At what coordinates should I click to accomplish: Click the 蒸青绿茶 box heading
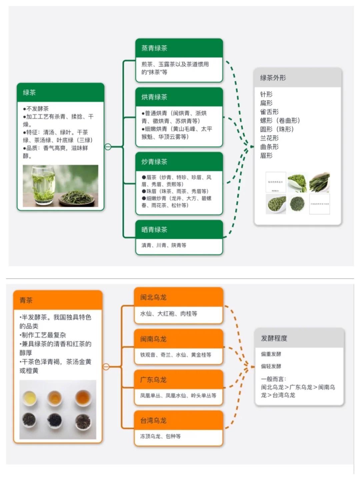154,48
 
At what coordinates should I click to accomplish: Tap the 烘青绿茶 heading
154,97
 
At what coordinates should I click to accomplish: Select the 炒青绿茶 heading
154,162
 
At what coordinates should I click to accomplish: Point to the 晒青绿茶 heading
154,229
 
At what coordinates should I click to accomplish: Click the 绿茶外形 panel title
273,78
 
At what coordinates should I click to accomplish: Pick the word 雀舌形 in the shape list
269,112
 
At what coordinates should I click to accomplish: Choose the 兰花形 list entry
269,138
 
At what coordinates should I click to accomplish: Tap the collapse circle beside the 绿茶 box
108,146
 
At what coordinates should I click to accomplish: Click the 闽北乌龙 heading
153,297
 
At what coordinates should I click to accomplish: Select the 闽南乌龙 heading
153,339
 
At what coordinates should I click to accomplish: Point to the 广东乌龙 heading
153,380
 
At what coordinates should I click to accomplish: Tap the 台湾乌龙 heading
153,420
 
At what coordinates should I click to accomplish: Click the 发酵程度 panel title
274,338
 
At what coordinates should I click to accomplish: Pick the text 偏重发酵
271,354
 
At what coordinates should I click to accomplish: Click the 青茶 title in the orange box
26,300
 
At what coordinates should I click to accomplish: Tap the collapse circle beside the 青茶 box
106,367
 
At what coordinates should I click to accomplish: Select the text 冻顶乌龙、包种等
160,436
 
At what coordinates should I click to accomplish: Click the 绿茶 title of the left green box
29,92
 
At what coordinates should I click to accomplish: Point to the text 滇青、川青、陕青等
164,245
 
